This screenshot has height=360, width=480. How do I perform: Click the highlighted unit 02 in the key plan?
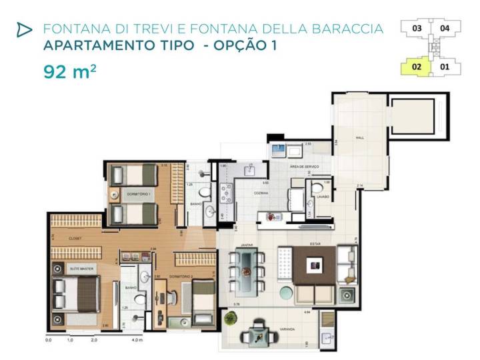[x=416, y=66]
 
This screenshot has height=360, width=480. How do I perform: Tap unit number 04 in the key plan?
[x=445, y=29]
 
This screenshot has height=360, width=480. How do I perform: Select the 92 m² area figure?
[x=69, y=71]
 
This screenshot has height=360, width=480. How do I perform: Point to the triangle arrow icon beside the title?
[x=24, y=29]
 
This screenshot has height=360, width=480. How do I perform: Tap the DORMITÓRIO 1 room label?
[x=140, y=193]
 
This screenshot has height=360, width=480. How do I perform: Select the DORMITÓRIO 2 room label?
[x=181, y=275]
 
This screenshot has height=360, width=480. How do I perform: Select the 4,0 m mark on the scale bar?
[x=137, y=340]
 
